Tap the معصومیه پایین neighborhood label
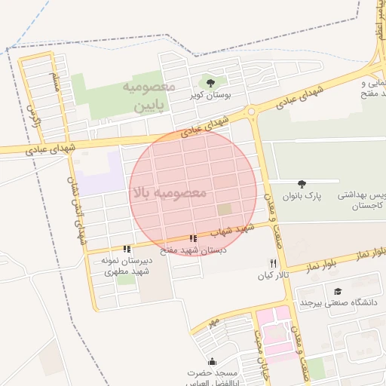tap(148, 97)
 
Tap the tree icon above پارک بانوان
tap(302, 183)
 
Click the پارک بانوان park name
tap(302, 196)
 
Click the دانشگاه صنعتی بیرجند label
tap(338, 303)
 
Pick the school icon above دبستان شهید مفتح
tap(194, 238)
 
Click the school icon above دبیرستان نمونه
tap(127, 248)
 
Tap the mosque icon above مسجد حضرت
tap(212, 360)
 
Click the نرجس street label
tap(31, 115)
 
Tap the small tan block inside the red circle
tap(225, 208)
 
